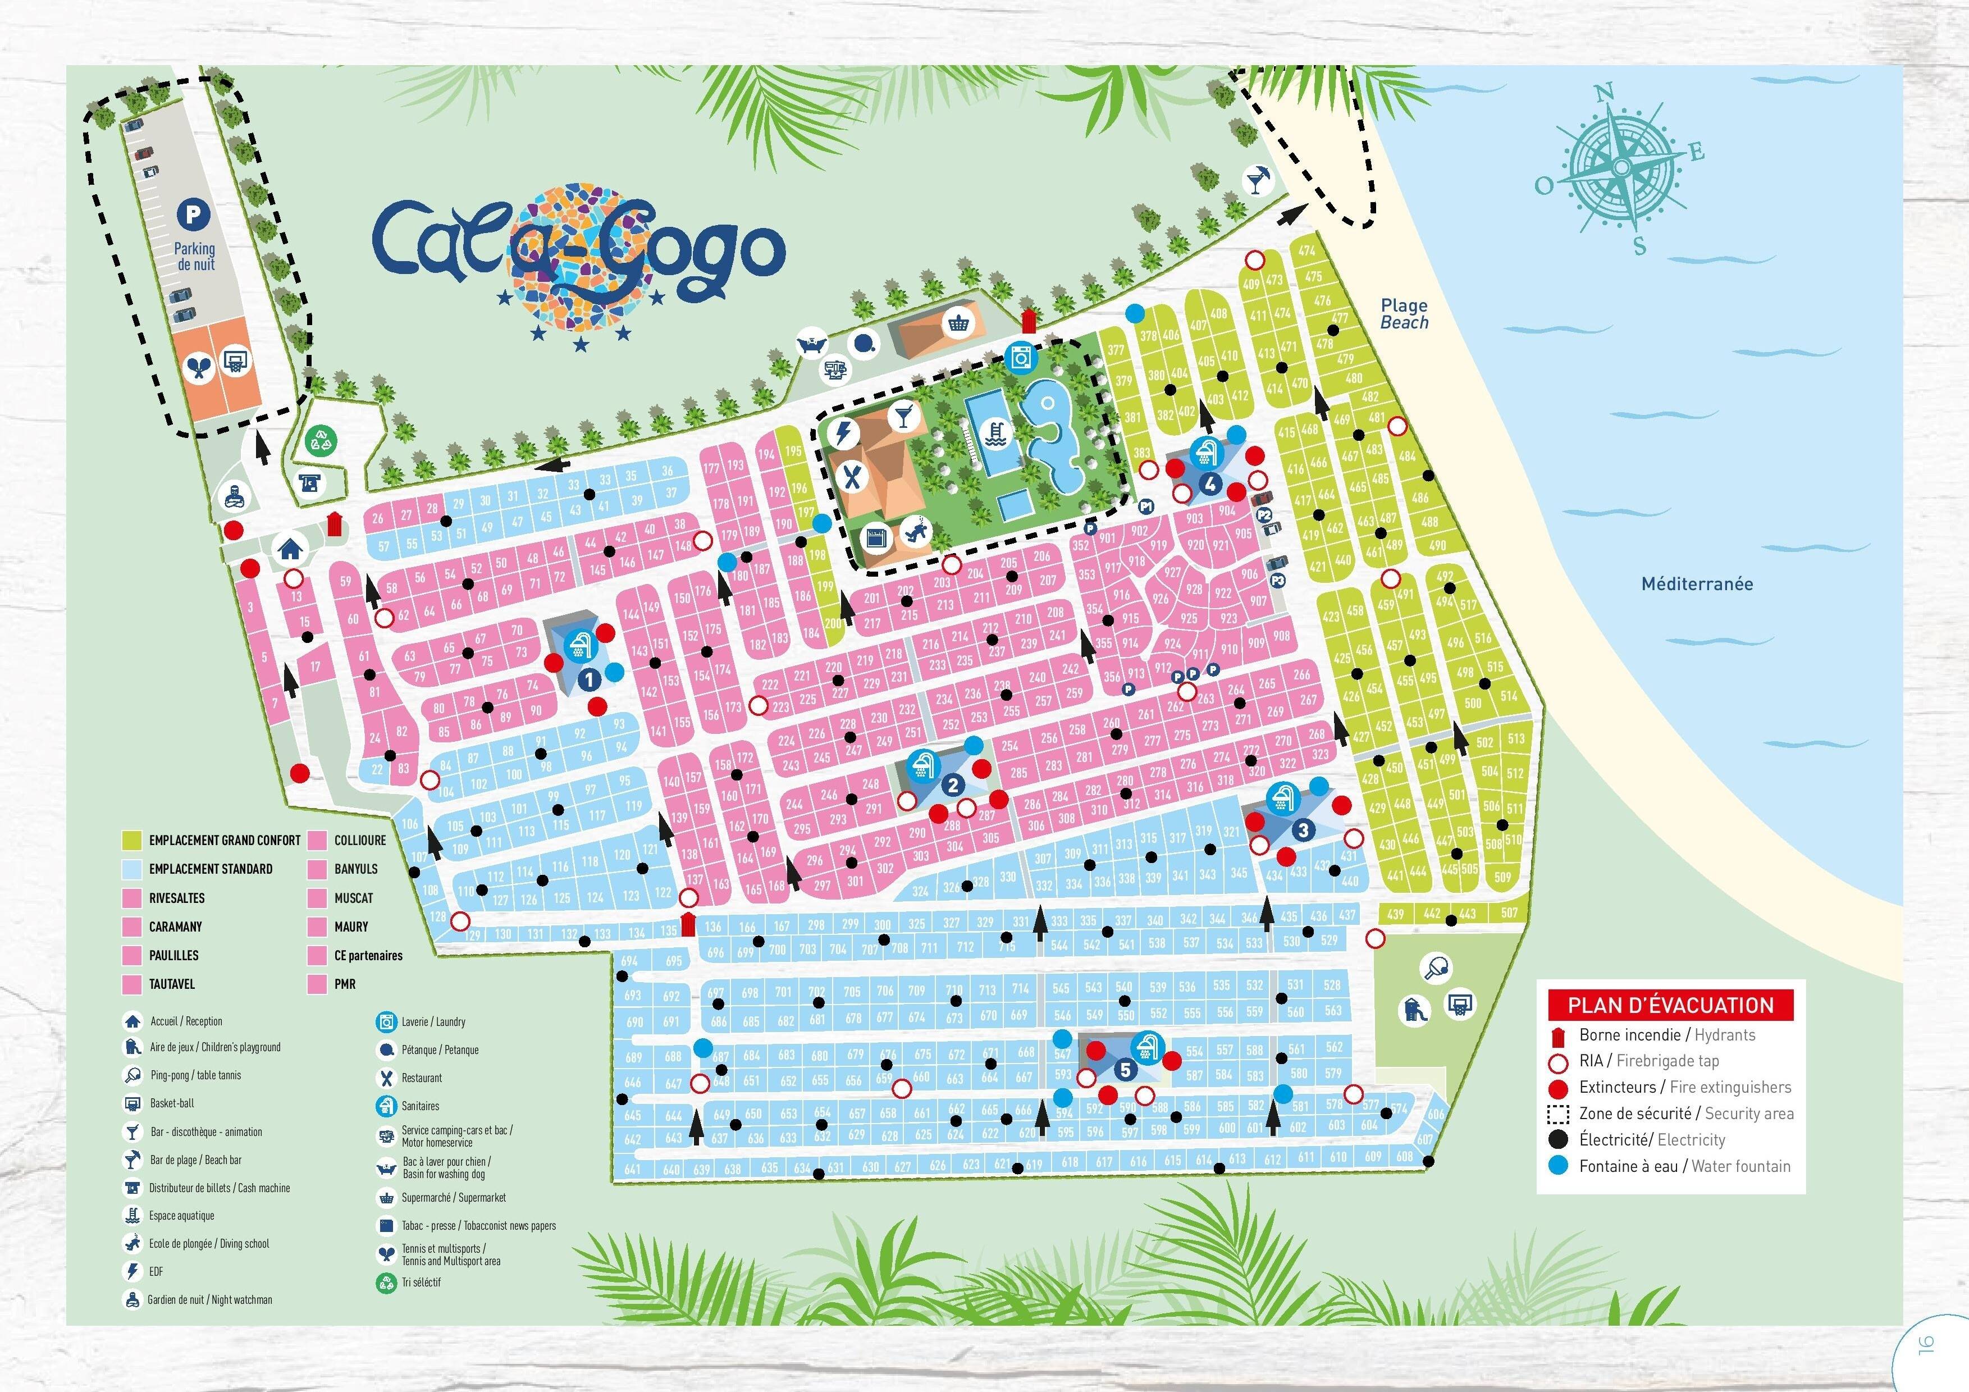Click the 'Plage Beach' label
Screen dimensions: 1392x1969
[1404, 314]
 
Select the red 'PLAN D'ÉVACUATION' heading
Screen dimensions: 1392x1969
[1670, 1005]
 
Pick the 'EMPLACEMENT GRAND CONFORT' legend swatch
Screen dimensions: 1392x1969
[131, 839]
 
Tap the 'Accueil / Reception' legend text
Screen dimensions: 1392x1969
[186, 1021]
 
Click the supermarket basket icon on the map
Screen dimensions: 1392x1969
[956, 324]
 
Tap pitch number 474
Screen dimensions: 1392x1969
[1306, 250]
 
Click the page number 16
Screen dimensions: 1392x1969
[1925, 1344]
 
